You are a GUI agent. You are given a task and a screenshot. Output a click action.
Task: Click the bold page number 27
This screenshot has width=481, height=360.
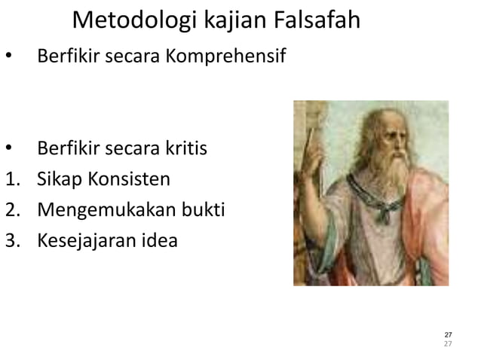[448, 334]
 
